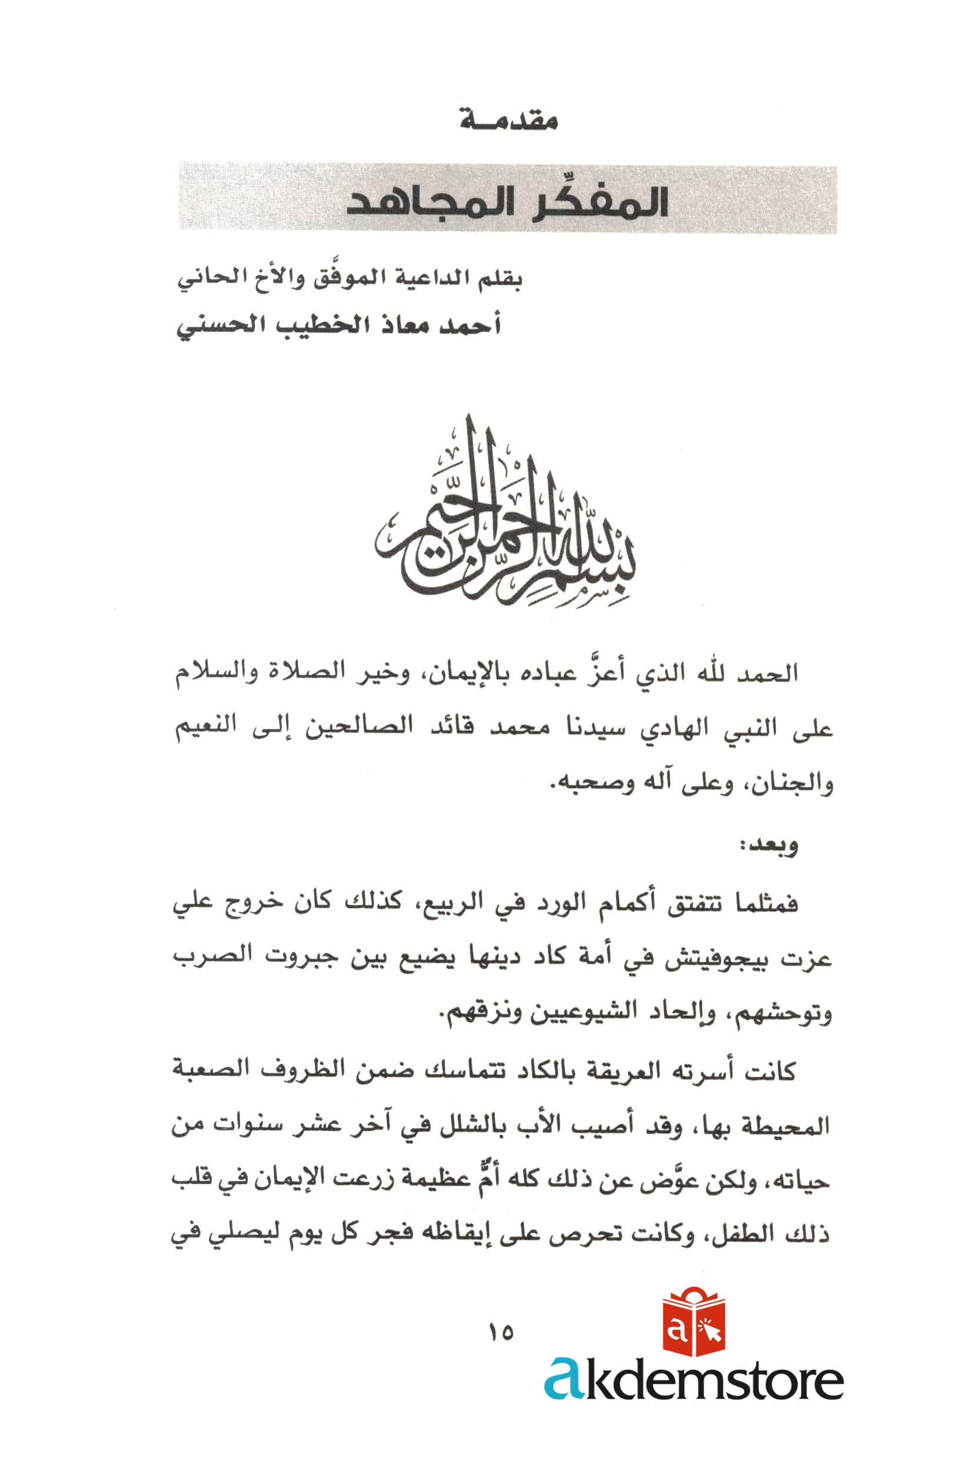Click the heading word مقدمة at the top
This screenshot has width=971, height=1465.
click(509, 120)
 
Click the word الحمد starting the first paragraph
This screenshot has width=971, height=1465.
click(769, 675)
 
